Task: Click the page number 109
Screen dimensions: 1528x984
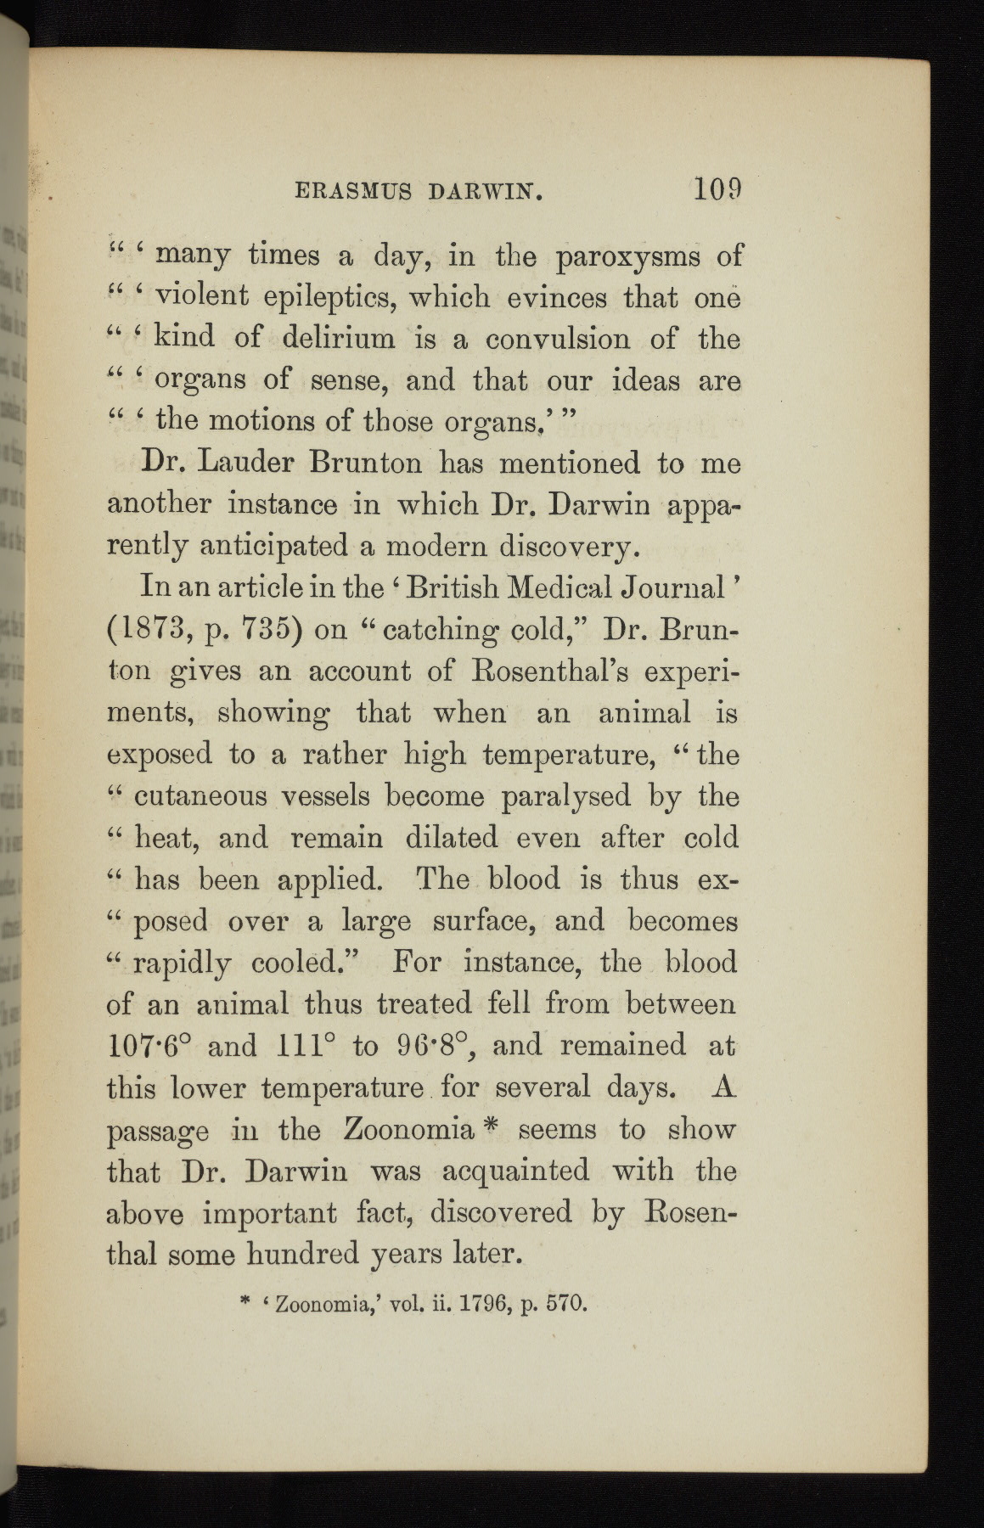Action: (717, 188)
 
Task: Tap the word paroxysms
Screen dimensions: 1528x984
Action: (627, 256)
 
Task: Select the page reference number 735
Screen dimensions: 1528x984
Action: (266, 629)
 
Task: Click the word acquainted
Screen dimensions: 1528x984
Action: (515, 1171)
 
